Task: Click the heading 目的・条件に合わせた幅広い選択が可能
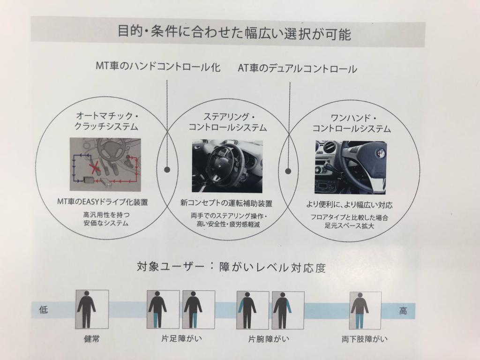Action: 234,33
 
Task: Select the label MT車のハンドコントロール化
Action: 158,67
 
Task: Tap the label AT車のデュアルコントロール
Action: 297,68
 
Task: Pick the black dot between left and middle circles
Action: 167,169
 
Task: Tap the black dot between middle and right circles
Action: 288,171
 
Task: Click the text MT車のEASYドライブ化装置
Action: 103,202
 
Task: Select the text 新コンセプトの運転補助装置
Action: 226,203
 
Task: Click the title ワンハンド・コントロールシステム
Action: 352,123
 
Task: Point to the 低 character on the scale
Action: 44,310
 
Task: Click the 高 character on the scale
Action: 403,311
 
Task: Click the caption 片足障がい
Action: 181,338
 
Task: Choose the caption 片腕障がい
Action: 269,339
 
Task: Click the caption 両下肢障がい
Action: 365,339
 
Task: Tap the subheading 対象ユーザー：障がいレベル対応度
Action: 231,267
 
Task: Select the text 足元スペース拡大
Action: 349,226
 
